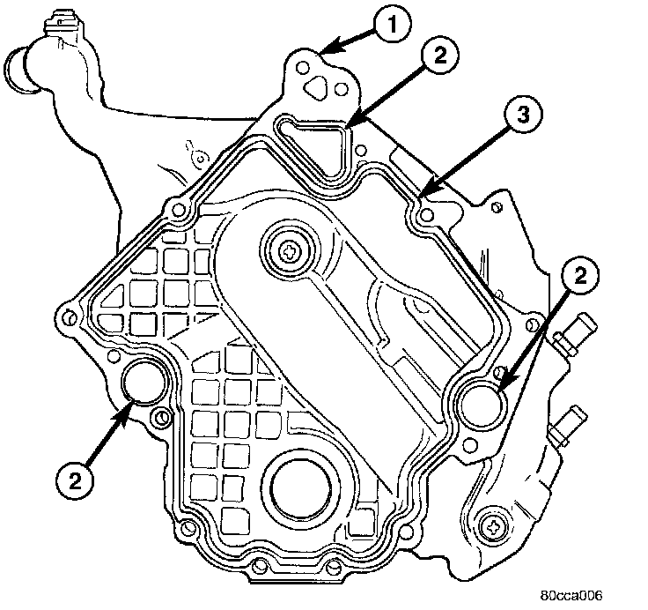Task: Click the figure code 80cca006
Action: pyautogui.click(x=571, y=594)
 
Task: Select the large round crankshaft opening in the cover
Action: pyautogui.click(x=302, y=487)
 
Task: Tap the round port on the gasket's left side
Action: pyautogui.click(x=142, y=383)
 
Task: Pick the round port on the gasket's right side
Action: pyautogui.click(x=482, y=402)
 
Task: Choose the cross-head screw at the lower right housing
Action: pyautogui.click(x=494, y=527)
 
